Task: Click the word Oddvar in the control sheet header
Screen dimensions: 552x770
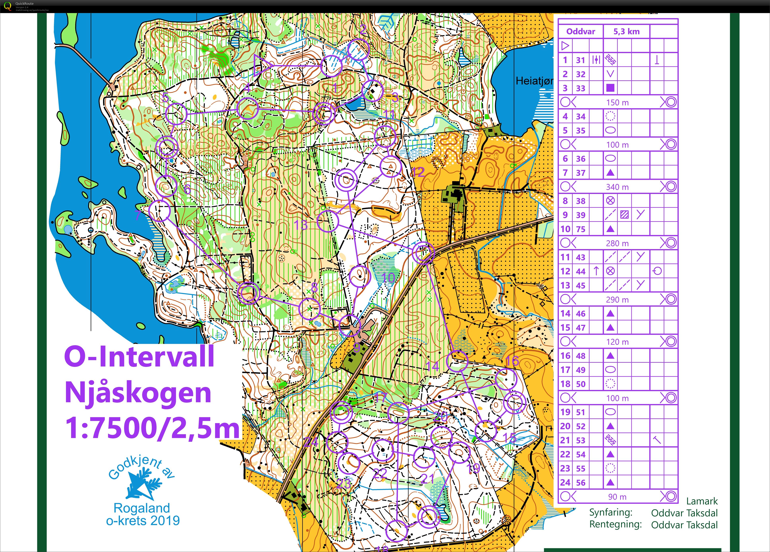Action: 581,32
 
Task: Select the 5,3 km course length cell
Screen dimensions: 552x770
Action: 626,32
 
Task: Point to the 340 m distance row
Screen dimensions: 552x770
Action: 617,187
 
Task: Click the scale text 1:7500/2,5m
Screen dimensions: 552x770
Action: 152,428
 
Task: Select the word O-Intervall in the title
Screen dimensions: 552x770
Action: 139,357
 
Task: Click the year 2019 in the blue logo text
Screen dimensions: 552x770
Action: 165,520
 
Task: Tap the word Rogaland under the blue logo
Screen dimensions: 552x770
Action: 142,508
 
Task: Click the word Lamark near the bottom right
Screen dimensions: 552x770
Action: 702,501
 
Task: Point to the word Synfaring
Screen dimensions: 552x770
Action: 610,512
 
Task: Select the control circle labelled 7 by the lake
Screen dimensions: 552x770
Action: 159,211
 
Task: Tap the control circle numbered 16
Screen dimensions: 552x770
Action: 506,379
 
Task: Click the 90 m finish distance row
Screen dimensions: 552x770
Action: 617,497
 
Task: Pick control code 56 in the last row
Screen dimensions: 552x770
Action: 581,482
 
